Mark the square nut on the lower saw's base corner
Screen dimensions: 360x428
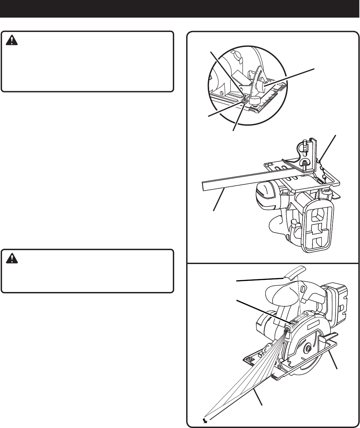point(248,359)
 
